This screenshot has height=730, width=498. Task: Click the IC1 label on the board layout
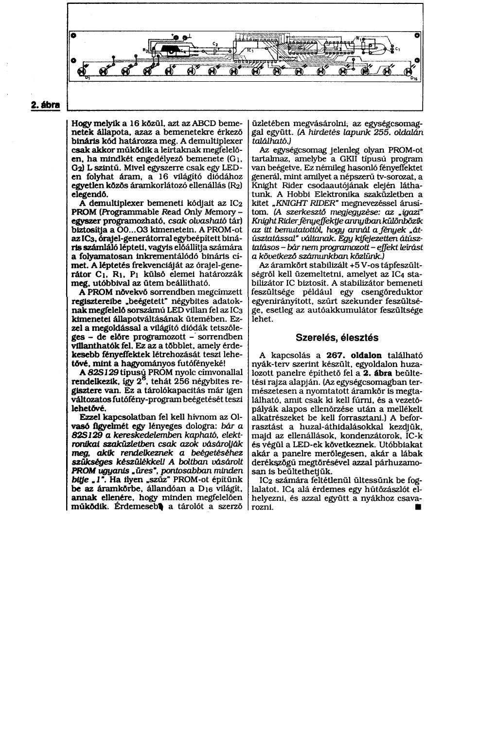click(x=250, y=51)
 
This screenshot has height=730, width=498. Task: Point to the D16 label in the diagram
click(x=412, y=78)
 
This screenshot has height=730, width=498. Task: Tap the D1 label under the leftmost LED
click(x=88, y=78)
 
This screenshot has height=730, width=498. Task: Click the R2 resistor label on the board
click(x=144, y=50)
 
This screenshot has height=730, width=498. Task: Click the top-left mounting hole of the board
click(x=71, y=36)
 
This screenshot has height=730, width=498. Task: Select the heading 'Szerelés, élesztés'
click(x=337, y=337)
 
